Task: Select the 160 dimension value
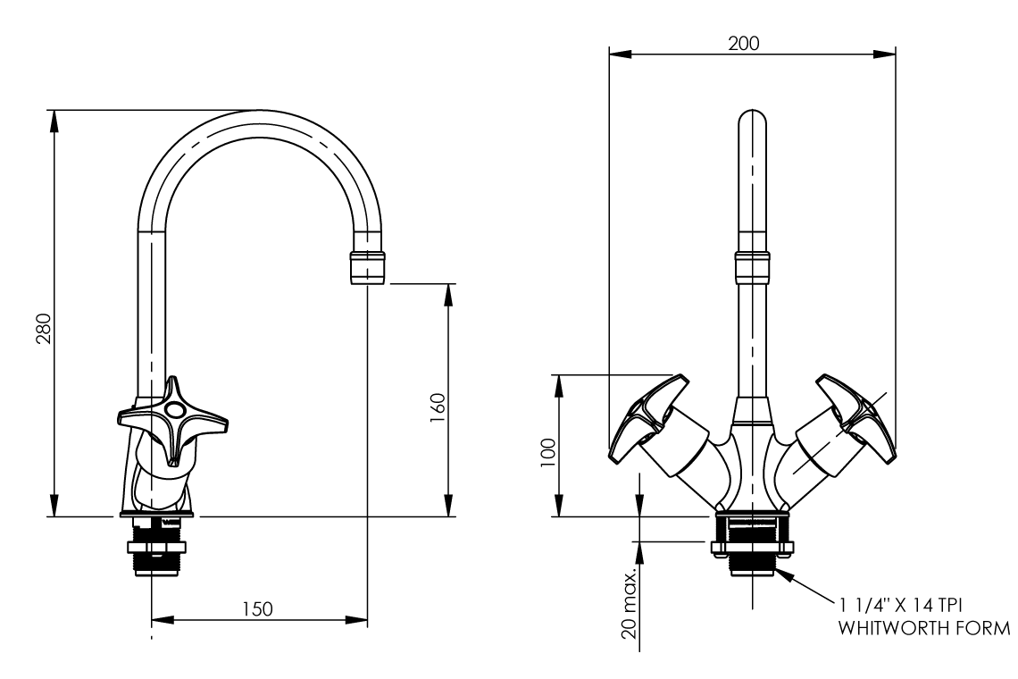437,407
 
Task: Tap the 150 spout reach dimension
258,608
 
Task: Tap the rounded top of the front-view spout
752,121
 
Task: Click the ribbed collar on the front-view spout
752,266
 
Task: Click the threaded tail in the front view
751,563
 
